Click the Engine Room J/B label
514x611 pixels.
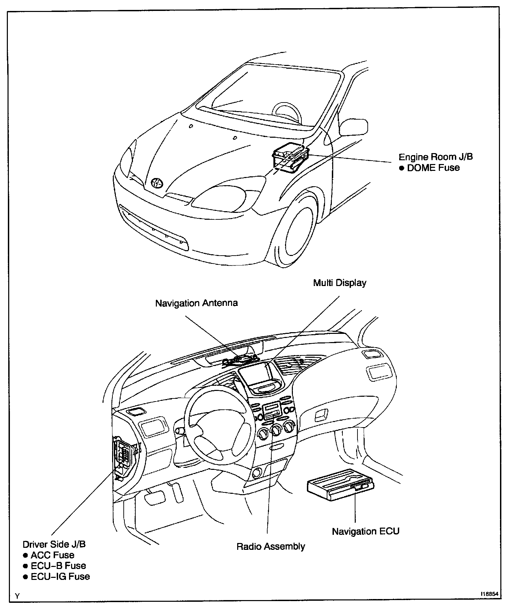pos(436,157)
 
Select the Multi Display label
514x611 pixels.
pos(340,283)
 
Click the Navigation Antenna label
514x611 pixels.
pos(197,303)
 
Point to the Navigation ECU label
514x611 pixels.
pos(366,531)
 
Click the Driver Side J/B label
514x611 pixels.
pos(54,544)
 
